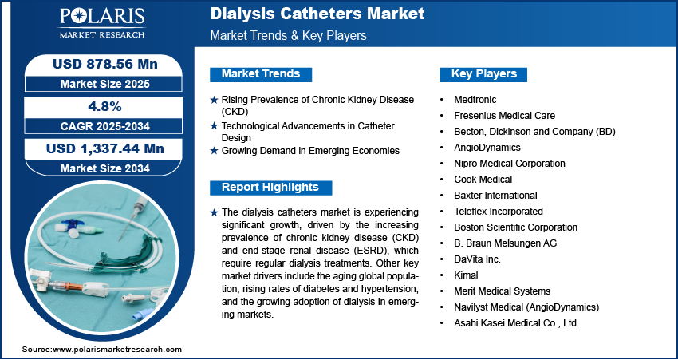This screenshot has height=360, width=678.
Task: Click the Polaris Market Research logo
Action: tap(102, 22)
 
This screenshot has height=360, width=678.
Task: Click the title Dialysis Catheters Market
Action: tap(317, 14)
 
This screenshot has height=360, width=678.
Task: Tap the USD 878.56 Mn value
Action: tap(105, 64)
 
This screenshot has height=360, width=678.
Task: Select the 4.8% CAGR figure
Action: tap(104, 106)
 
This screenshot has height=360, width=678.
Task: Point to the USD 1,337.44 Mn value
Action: tap(105, 148)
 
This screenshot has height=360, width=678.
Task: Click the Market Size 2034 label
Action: tap(105, 168)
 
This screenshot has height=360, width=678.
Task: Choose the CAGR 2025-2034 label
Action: tap(105, 126)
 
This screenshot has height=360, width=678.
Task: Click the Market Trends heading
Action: tap(261, 74)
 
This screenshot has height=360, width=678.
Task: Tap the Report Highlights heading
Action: tap(270, 188)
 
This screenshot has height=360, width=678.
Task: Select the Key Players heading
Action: tap(484, 74)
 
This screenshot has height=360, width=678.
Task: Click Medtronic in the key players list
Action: tap(475, 100)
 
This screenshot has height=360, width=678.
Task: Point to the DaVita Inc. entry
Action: tap(477, 259)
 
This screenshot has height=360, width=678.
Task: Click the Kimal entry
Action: tap(466, 275)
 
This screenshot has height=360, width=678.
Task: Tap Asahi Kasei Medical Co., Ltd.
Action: tap(516, 322)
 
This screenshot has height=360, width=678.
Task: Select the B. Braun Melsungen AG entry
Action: tap(506, 243)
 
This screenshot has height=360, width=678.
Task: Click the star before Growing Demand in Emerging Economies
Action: tap(214, 151)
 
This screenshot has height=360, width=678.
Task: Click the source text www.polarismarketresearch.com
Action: tap(116, 350)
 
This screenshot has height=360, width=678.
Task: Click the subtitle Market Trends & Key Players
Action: tap(288, 35)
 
